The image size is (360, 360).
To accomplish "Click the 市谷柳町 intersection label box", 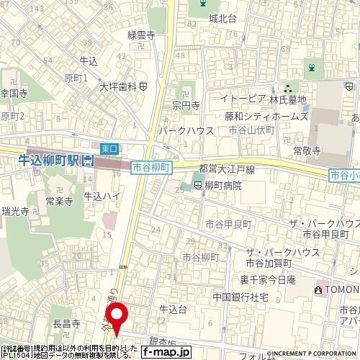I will pyautogui.click(x=151, y=167).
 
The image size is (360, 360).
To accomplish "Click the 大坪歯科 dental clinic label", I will pyautogui.click(x=119, y=86).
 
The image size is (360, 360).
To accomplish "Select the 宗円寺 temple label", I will pyautogui.click(x=185, y=105).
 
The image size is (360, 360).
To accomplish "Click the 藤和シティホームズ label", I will pyautogui.click(x=266, y=116).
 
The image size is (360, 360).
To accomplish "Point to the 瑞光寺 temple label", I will pyautogui.click(x=15, y=211).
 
